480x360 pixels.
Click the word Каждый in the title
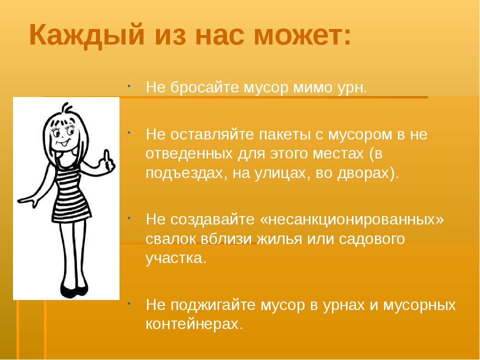point(86,35)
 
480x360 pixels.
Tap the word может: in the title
point(302,35)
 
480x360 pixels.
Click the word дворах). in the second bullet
point(368,173)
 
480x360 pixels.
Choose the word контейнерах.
point(194,324)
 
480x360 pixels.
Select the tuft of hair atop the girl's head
point(66,108)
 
